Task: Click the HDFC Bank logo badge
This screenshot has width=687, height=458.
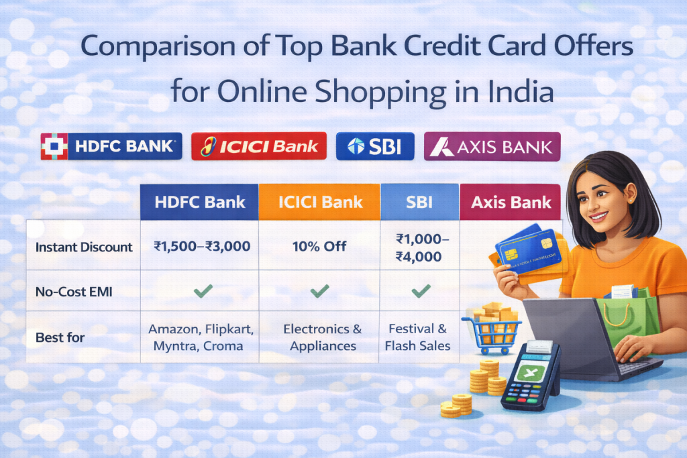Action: (111, 146)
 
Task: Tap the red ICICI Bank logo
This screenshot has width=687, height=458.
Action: (259, 146)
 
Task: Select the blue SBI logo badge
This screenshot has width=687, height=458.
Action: (375, 146)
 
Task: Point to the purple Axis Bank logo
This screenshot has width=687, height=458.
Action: (492, 146)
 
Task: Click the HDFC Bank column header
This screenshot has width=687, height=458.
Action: (199, 202)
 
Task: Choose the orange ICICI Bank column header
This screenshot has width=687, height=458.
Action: (319, 202)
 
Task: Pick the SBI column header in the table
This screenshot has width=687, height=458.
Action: (420, 202)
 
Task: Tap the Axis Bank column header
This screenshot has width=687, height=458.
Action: (511, 202)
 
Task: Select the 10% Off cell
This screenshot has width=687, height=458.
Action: (319, 246)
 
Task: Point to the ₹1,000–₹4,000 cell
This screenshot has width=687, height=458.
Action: (419, 247)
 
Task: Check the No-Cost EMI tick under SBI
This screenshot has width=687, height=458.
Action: (420, 291)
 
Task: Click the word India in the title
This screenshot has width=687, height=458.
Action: (516, 91)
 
